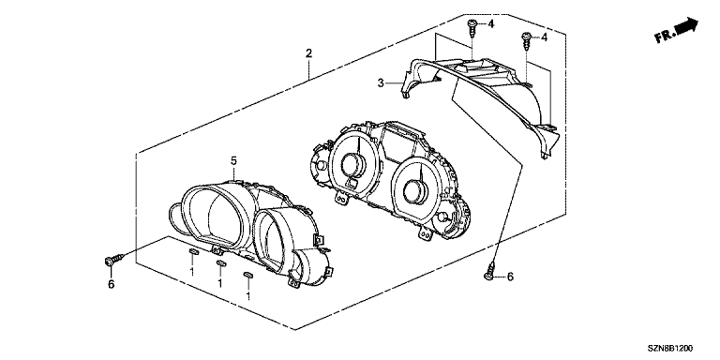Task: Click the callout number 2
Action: [309, 53]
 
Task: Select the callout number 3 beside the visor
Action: [381, 83]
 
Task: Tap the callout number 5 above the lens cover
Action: [233, 160]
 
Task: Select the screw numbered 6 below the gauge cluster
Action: [491, 270]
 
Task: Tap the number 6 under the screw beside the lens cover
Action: [111, 285]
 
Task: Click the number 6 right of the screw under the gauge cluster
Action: [510, 277]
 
